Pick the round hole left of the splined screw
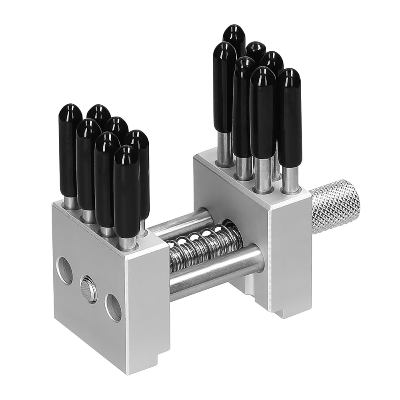pos(65,270)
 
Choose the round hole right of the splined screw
pos(113,307)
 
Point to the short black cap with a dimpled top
pos(256,50)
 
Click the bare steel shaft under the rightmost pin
pos(290,180)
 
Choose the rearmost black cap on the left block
pos(99,114)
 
